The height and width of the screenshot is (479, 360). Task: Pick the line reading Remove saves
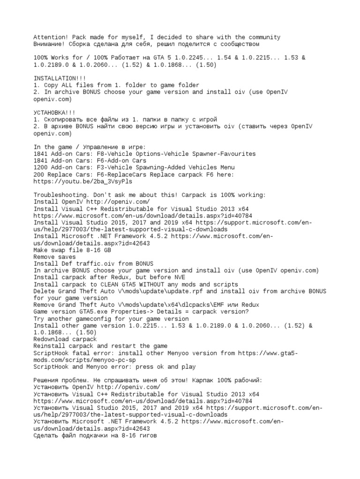(x=54, y=257)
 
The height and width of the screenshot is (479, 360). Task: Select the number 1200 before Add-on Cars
(x=40, y=167)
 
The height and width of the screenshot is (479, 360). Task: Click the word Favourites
(x=237, y=153)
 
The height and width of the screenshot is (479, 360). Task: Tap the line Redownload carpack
(x=66, y=339)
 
